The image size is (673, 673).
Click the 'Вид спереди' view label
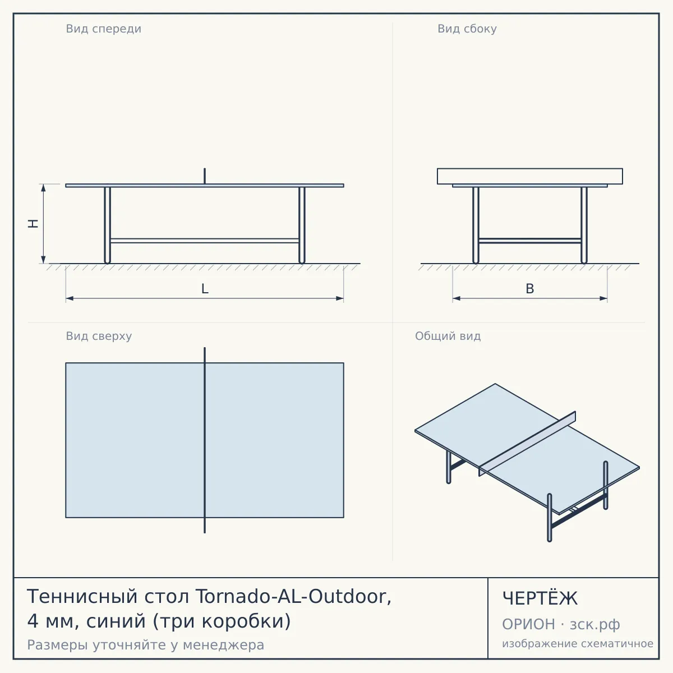tap(103, 29)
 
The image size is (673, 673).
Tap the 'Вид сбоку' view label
tap(467, 29)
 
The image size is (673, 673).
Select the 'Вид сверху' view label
tap(99, 336)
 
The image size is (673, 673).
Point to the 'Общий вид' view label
tap(448, 336)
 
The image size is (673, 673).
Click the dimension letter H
tap(33, 224)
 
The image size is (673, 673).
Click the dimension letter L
tap(205, 289)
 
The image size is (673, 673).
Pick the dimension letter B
tap(530, 289)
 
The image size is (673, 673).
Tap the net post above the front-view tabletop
tap(205, 176)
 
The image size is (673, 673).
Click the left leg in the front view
tap(107, 225)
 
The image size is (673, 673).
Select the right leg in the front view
tap(302, 225)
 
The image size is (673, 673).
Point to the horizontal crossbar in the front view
tap(205, 241)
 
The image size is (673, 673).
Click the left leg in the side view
tap(476, 225)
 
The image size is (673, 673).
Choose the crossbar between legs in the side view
tap(530, 241)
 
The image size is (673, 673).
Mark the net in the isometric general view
tap(527, 444)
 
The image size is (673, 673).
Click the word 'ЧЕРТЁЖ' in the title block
tap(540, 598)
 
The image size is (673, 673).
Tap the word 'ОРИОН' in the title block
tap(528, 624)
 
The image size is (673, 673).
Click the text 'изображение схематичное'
tap(578, 644)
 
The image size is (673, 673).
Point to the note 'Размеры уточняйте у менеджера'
tap(146, 645)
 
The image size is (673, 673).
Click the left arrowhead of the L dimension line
tap(70, 298)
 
